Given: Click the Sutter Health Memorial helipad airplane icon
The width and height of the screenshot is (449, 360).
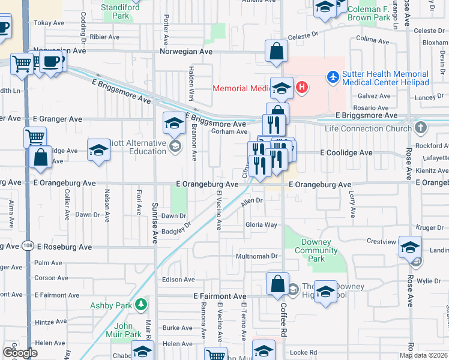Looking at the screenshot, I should (333, 77).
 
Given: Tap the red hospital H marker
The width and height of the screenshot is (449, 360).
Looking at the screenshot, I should (302, 88).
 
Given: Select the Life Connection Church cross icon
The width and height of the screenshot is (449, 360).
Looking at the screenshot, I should (421, 127).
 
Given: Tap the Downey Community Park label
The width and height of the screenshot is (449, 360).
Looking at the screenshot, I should (316, 250).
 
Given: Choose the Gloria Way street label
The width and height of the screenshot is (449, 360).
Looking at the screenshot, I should (261, 225).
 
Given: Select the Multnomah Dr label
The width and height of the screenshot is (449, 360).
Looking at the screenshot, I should (259, 256).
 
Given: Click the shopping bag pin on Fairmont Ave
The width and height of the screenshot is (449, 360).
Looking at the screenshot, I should (277, 284).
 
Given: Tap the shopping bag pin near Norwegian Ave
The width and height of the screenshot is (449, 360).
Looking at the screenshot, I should (276, 51).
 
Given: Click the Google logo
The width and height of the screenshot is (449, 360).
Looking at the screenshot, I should (20, 353).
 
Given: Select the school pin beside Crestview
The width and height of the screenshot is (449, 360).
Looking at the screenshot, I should (411, 247).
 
